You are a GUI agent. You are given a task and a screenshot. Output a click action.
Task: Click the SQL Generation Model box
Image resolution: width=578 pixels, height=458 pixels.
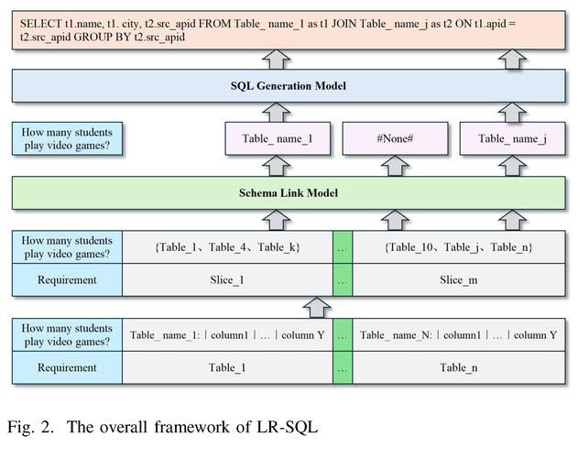coord(289,87)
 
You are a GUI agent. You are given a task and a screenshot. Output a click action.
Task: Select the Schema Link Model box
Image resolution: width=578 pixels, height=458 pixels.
coord(289,192)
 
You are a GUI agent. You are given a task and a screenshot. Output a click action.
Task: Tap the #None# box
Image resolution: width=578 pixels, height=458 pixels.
coord(397,139)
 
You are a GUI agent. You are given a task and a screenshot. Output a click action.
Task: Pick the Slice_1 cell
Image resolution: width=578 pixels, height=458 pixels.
coord(228,280)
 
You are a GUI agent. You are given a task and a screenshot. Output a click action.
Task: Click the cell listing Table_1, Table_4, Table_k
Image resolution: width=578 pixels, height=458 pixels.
coord(228,247)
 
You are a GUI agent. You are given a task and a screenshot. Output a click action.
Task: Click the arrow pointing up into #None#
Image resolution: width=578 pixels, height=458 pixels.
coord(397,165)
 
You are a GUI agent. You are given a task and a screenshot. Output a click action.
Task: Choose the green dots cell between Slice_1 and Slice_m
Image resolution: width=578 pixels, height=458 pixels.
coord(343,280)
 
